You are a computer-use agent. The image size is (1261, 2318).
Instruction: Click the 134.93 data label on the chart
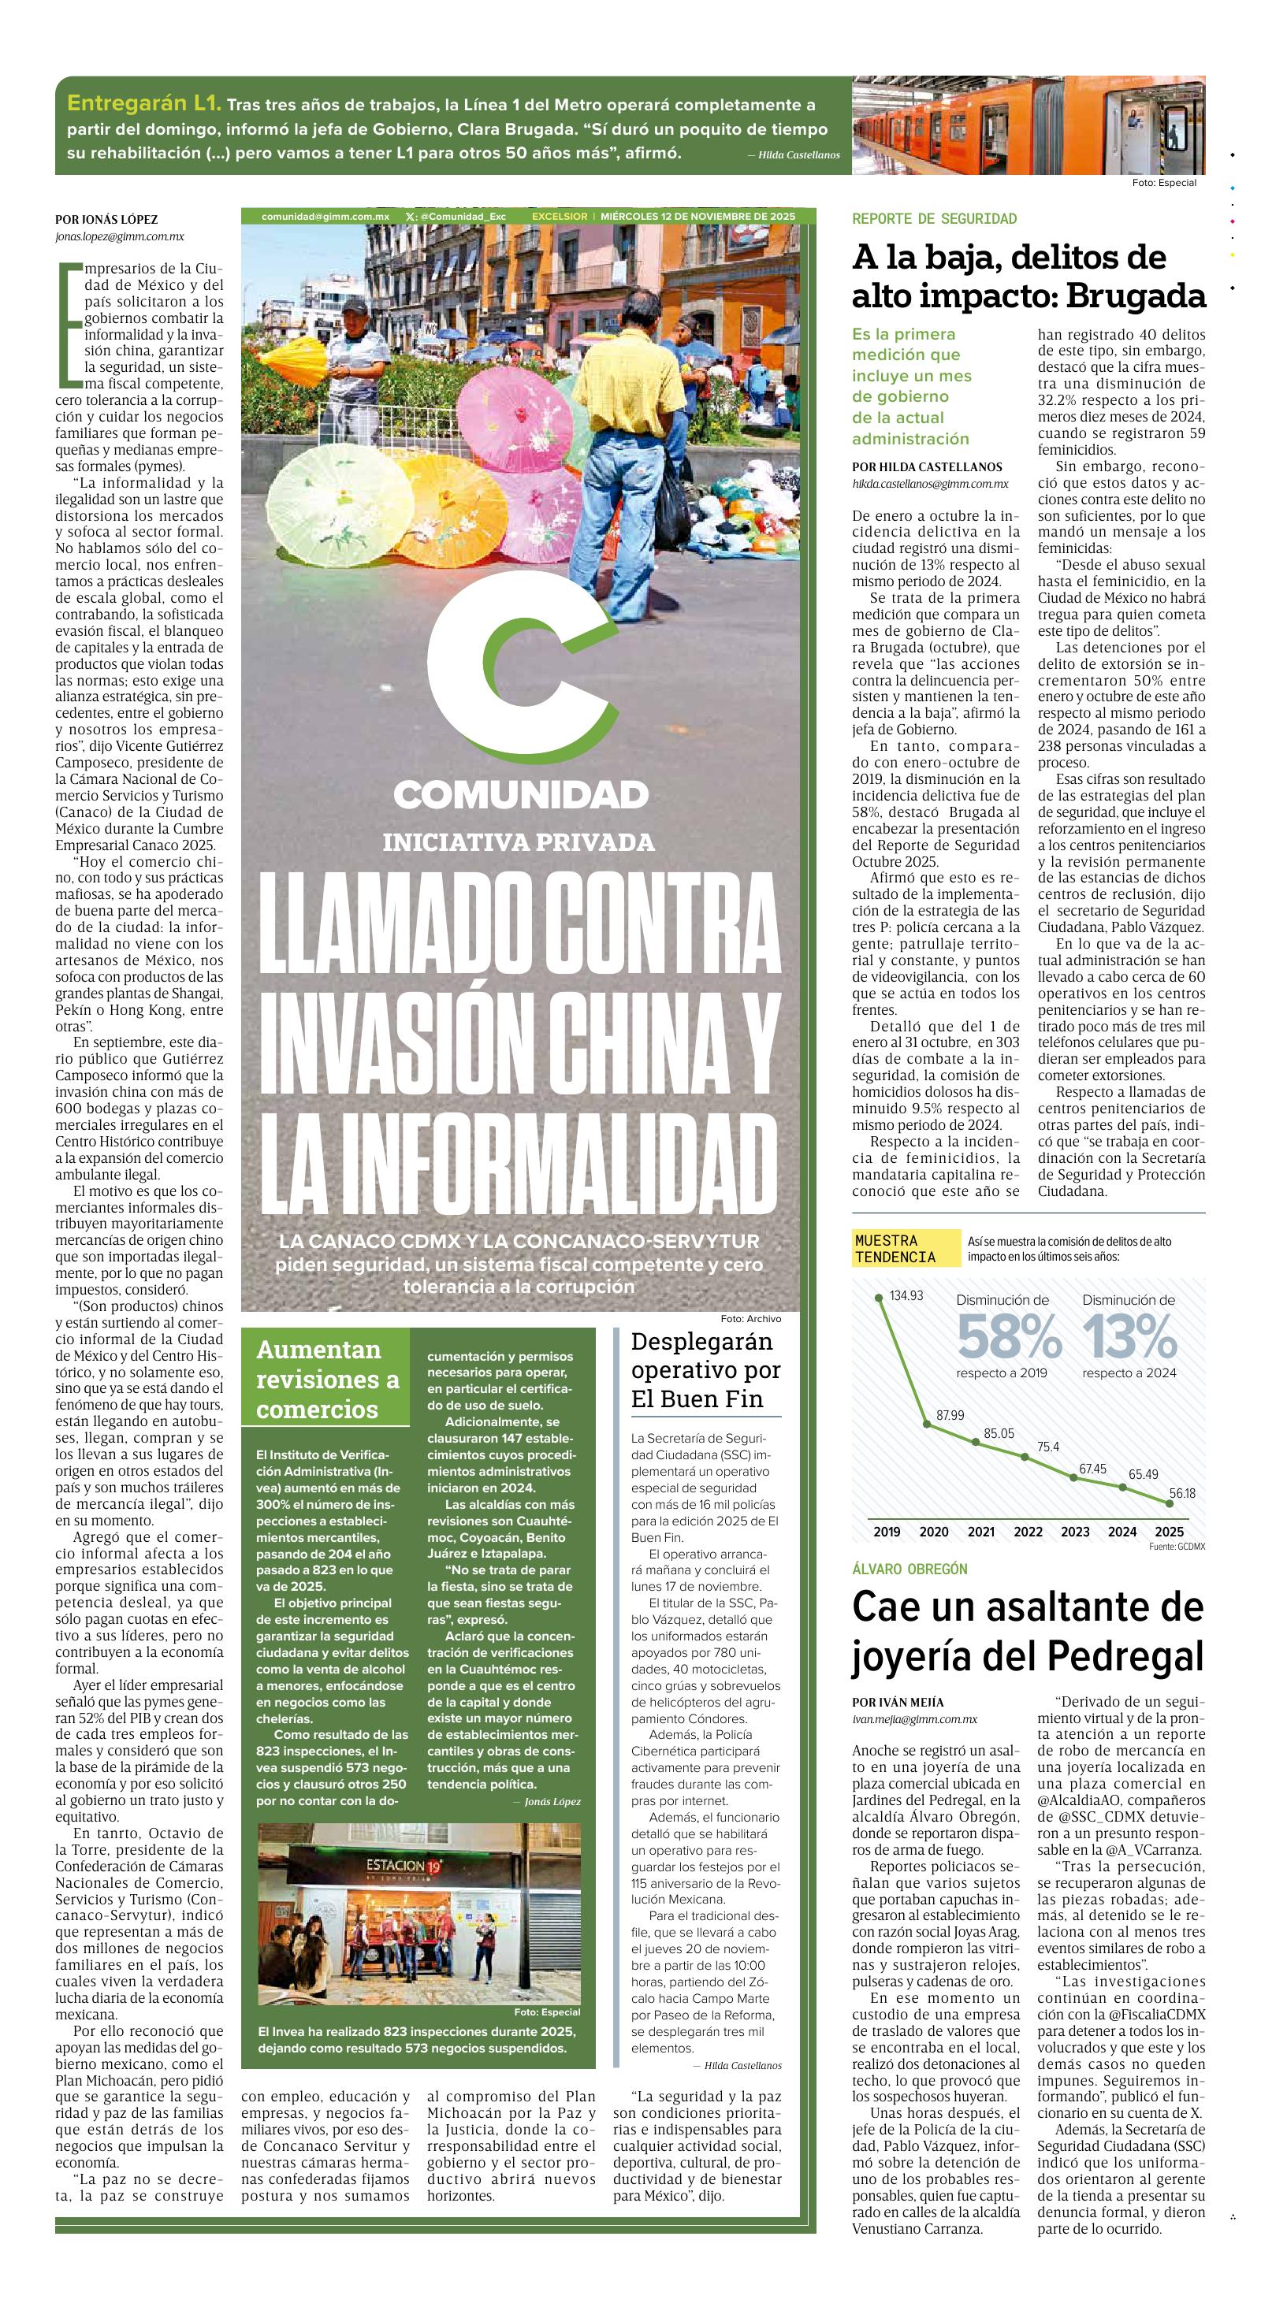(x=906, y=1296)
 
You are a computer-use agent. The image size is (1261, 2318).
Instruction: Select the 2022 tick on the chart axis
(x=1028, y=1532)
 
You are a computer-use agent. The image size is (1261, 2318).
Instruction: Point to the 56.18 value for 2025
(x=1182, y=1493)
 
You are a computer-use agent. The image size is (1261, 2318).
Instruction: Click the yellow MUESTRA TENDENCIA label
(x=895, y=1248)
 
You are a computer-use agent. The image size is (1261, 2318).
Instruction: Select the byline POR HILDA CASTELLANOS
(x=926, y=467)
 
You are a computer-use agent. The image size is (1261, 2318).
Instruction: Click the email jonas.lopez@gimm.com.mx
(x=119, y=236)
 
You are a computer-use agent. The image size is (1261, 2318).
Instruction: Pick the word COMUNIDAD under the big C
(x=520, y=794)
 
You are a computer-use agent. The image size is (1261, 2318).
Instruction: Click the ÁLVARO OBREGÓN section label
(x=909, y=1569)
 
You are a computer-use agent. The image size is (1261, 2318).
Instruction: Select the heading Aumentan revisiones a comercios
(x=327, y=1379)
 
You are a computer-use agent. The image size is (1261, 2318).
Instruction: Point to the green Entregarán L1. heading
(x=143, y=103)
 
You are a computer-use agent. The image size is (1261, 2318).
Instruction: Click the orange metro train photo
(x=1028, y=124)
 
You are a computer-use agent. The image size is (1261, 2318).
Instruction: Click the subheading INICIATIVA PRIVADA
(x=519, y=842)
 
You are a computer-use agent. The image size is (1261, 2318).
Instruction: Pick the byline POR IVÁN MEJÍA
(x=898, y=1702)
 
